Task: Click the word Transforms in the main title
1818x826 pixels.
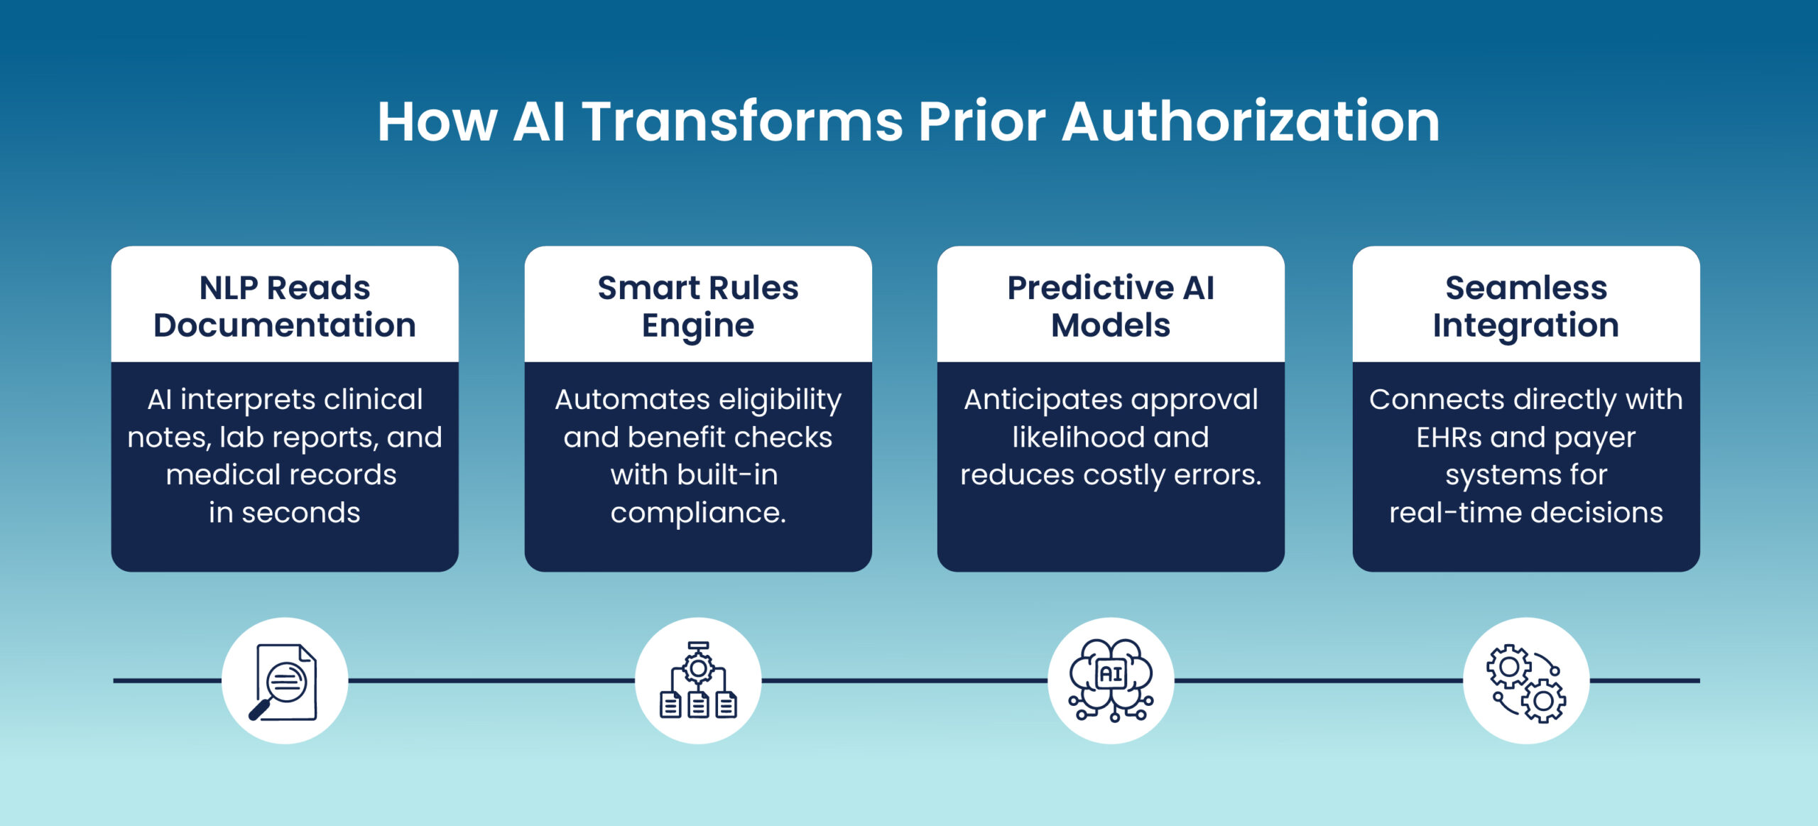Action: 742,121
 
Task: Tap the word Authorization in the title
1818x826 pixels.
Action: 1251,121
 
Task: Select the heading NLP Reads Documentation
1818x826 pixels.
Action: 285,306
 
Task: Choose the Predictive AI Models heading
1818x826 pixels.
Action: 1111,306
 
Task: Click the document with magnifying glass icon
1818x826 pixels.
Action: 284,682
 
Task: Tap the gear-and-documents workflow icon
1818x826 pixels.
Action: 698,680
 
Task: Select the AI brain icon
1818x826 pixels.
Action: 1111,680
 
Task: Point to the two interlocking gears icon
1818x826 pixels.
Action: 1526,683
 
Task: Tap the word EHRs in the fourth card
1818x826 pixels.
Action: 1448,438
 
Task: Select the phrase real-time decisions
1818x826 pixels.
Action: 1526,512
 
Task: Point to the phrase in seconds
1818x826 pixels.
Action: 285,512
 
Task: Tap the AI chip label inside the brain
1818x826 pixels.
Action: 1111,673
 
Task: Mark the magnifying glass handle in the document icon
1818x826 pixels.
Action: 259,710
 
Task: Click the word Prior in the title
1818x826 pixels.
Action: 982,121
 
